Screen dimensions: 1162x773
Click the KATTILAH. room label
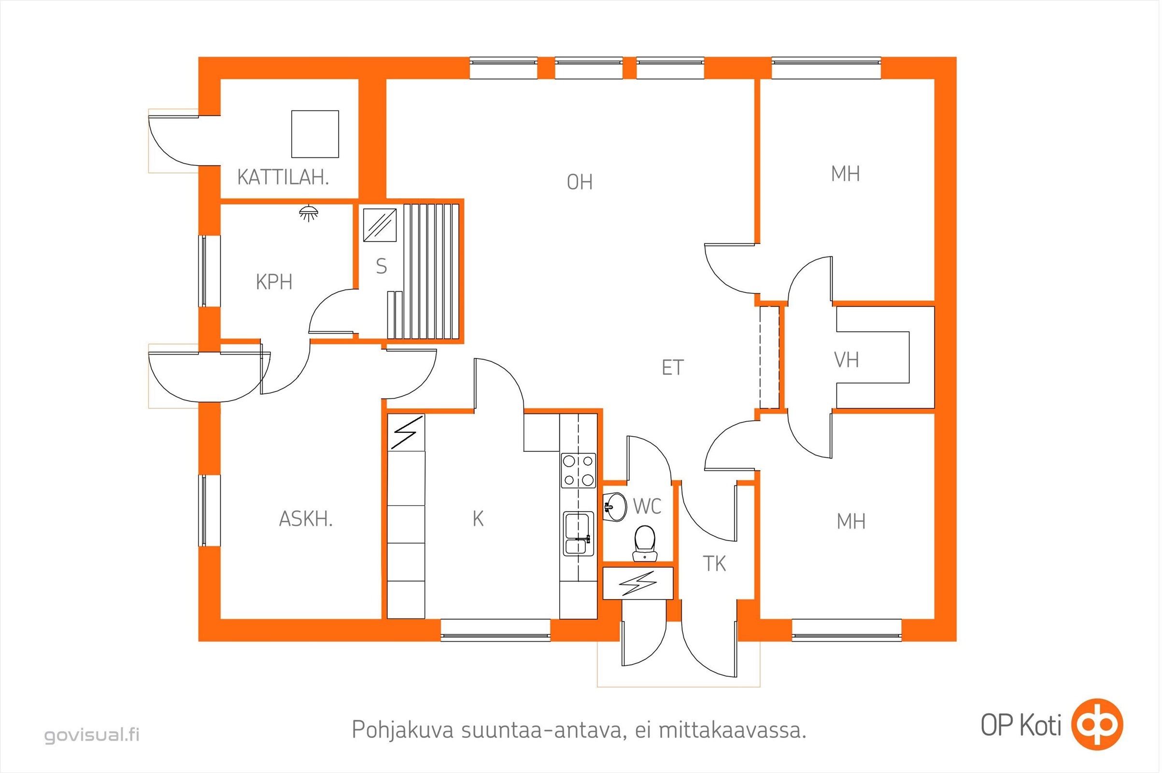pyautogui.click(x=283, y=177)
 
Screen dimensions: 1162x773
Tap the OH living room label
pyautogui.click(x=579, y=183)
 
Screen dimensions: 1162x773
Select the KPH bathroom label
pyautogui.click(x=274, y=282)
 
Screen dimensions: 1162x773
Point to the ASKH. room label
pyautogui.click(x=306, y=519)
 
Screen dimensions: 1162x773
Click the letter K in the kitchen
pyautogui.click(x=478, y=518)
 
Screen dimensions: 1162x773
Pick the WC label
pyautogui.click(x=647, y=506)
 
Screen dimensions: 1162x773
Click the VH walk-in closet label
pyautogui.click(x=847, y=360)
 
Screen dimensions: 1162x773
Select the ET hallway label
pyautogui.click(x=673, y=368)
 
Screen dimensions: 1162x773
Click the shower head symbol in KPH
pyautogui.click(x=309, y=213)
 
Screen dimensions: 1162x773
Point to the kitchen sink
pyautogui.click(x=579, y=534)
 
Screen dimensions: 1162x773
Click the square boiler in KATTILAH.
pyautogui.click(x=315, y=134)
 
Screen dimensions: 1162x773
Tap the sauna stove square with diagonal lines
pyautogui.click(x=380, y=225)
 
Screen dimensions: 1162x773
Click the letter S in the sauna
pyautogui.click(x=381, y=267)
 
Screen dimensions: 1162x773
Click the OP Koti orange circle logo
pyautogui.click(x=1097, y=724)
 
